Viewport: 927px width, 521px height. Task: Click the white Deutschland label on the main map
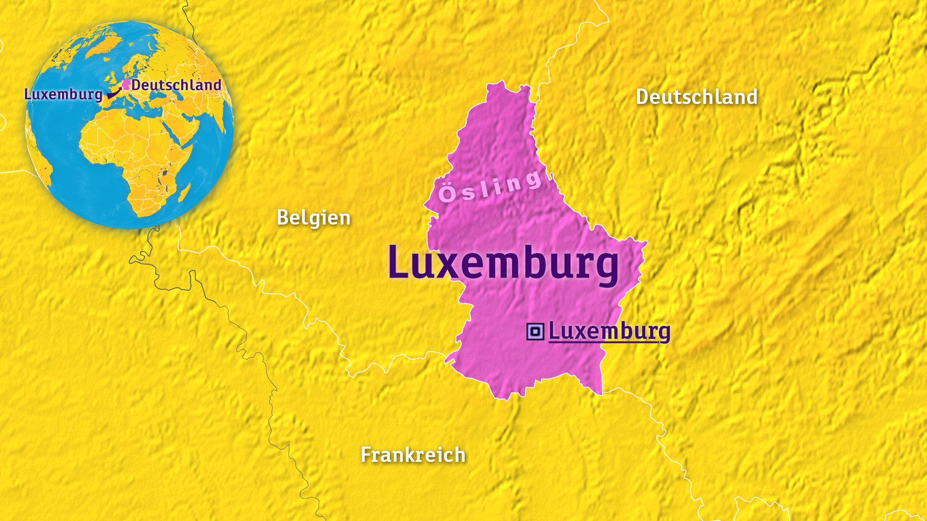(697, 97)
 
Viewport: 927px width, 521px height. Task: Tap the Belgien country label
(313, 218)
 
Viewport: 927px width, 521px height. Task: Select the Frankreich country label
(413, 455)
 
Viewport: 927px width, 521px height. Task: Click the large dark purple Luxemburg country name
(503, 263)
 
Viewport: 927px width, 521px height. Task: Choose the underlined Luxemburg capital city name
(609, 331)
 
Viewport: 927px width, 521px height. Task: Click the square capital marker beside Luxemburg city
(535, 332)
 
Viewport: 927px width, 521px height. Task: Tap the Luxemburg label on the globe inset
(63, 94)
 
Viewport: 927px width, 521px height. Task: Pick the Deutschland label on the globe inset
(176, 85)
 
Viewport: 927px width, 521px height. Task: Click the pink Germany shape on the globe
(126, 85)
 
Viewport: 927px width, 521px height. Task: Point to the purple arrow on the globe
(113, 93)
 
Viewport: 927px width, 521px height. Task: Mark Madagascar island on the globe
(184, 192)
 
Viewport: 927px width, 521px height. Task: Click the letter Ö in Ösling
(447, 194)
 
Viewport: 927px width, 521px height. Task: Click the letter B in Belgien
(282, 218)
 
